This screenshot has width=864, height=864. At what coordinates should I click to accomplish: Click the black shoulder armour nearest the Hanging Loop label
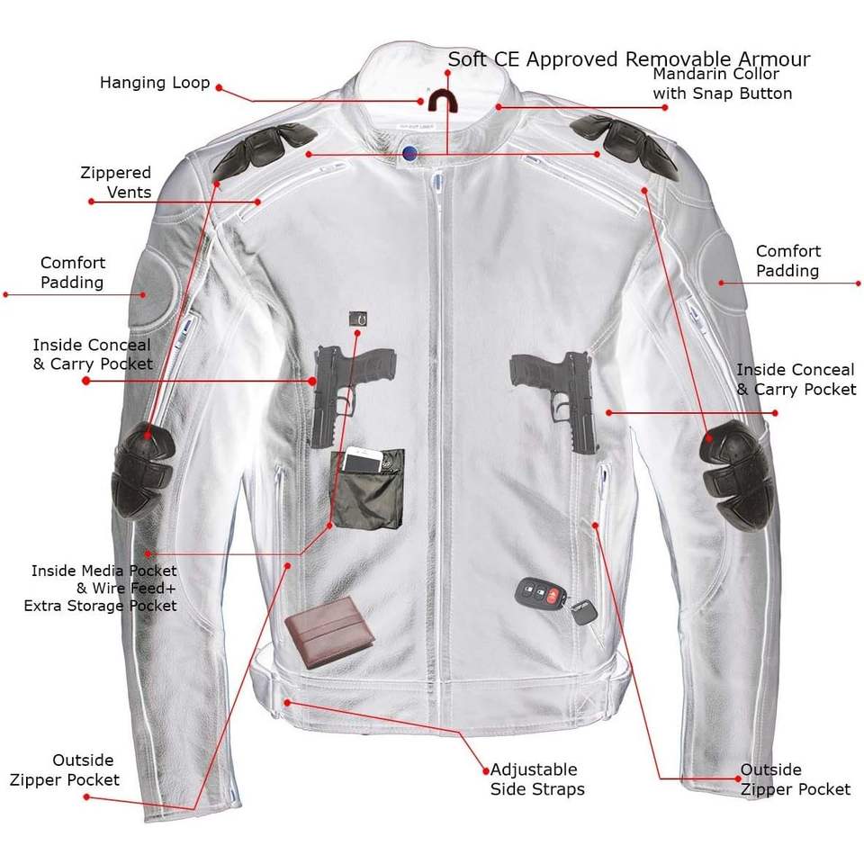(265, 149)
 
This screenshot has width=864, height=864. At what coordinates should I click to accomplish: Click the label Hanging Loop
(155, 83)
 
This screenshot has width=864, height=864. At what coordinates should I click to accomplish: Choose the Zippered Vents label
(116, 182)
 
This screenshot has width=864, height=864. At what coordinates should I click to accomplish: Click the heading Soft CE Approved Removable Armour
(629, 59)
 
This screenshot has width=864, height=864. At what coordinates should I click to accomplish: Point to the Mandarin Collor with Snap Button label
(722, 84)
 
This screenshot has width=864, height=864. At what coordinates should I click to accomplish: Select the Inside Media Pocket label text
(103, 588)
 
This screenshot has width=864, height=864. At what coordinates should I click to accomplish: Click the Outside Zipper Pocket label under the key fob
(795, 779)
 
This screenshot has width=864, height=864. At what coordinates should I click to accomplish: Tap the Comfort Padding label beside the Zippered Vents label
(73, 272)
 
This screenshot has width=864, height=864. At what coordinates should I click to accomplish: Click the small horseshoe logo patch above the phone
(360, 319)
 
